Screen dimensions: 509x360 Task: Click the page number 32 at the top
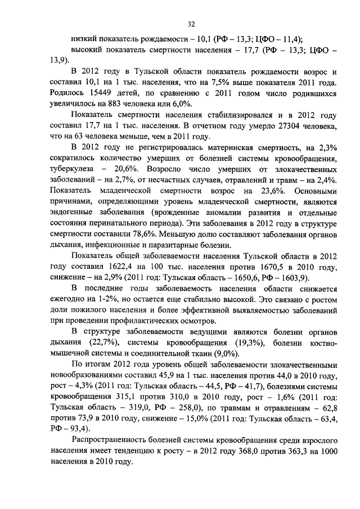(191, 23)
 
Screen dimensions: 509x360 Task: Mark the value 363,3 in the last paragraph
(286, 451)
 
